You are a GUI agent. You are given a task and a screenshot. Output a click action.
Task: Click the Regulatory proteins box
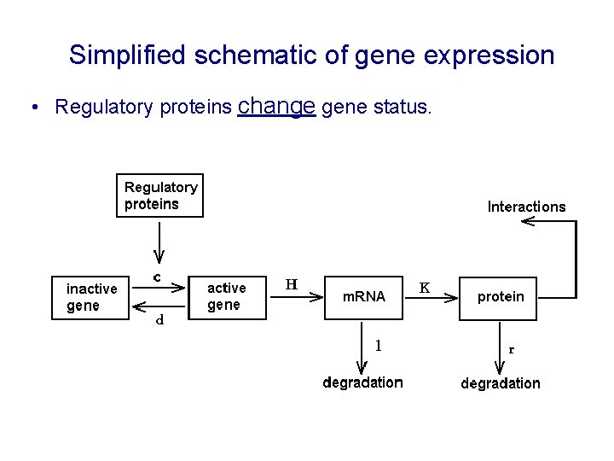tap(159, 195)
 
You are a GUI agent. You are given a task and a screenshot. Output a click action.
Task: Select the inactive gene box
tap(91, 297)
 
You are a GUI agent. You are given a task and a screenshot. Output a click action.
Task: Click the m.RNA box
tap(363, 297)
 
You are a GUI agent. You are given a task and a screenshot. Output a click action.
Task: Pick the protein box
tap(501, 297)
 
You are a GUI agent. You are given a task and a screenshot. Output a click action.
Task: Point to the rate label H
tap(291, 284)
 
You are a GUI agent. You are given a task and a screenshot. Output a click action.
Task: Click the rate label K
tap(425, 288)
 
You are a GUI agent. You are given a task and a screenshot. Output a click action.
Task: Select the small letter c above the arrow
tap(158, 277)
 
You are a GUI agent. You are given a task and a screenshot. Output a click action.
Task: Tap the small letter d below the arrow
tap(159, 321)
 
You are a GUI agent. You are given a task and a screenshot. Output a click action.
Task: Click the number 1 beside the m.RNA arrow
tap(379, 346)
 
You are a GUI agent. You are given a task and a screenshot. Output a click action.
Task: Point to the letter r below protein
tap(512, 349)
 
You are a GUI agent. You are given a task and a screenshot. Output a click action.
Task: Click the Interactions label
tap(526, 207)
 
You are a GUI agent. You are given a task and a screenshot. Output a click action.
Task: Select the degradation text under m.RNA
tap(362, 382)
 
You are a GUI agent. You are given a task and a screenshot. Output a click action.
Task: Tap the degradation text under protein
tap(501, 383)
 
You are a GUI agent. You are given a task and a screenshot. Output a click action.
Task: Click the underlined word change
tap(277, 106)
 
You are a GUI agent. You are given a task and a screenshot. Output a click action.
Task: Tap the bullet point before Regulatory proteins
tap(32, 108)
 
